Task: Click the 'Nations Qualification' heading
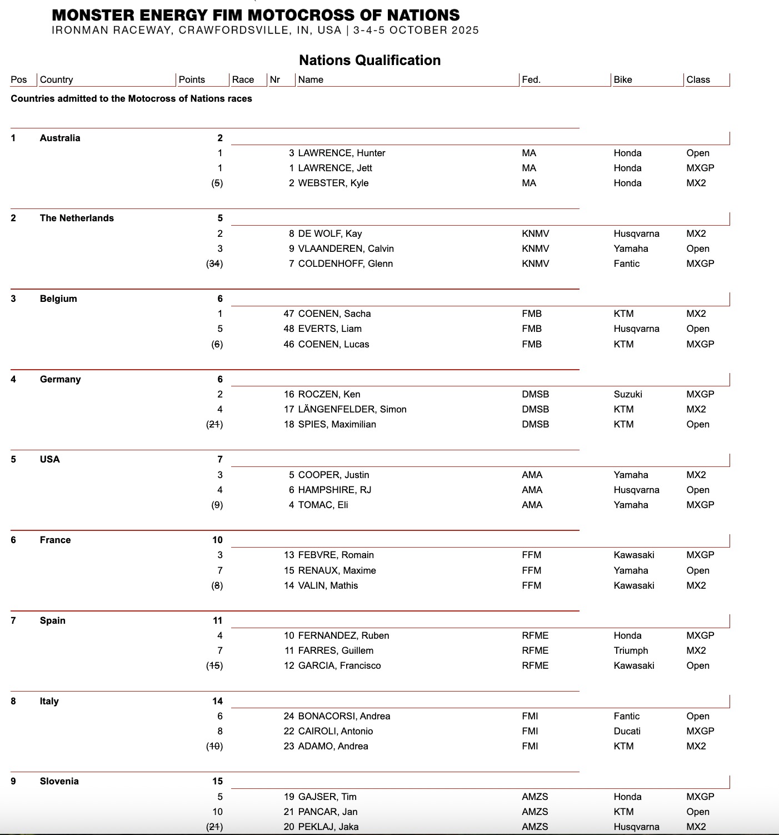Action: [369, 60]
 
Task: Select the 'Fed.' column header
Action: [531, 79]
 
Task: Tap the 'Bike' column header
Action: [623, 79]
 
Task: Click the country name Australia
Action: [60, 138]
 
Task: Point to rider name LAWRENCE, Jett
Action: [335, 168]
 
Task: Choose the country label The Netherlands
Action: [77, 218]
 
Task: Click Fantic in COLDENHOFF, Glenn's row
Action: [627, 264]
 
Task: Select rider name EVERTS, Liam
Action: [330, 329]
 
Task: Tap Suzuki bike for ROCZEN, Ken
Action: [628, 394]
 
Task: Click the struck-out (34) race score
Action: [214, 264]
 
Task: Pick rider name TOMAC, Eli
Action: [323, 505]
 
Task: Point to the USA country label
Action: [49, 459]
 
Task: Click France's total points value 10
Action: [217, 540]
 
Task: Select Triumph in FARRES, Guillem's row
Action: [631, 650]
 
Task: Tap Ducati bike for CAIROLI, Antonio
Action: [627, 731]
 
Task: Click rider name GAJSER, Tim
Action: [327, 797]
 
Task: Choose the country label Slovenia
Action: [59, 781]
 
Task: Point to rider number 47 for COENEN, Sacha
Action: [289, 314]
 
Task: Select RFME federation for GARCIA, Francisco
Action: [535, 665]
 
